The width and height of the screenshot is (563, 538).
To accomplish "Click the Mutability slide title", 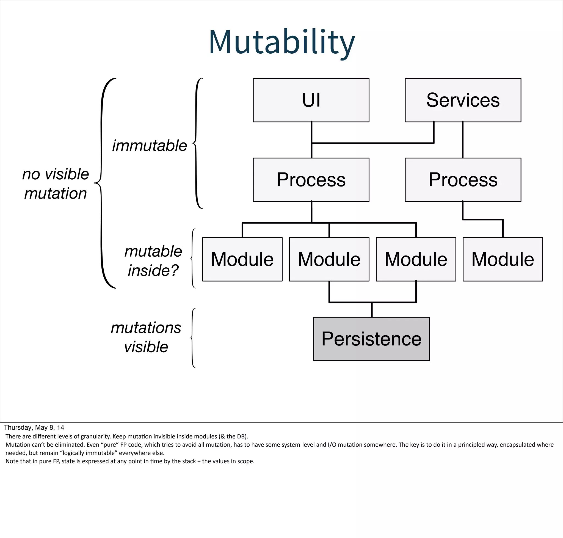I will [x=282, y=42].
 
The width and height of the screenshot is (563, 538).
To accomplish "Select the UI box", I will [x=311, y=100].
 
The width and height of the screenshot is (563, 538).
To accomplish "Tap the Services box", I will [x=463, y=100].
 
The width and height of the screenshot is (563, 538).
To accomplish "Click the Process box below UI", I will [x=311, y=180].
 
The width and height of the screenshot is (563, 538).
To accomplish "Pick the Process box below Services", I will [x=463, y=180].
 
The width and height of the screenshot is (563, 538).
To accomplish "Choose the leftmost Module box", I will [x=242, y=259].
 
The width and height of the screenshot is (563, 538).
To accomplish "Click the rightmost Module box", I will [x=503, y=259].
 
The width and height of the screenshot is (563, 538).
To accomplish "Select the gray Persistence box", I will [x=371, y=339].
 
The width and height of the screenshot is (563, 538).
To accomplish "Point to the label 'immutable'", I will [x=149, y=146].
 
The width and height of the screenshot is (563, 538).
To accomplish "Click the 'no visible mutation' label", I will [x=56, y=183].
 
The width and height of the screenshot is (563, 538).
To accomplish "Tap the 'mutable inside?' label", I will [x=153, y=261].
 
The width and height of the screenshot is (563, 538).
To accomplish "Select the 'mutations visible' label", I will [x=146, y=337].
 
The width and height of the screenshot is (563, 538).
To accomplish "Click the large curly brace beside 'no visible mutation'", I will [x=101, y=183].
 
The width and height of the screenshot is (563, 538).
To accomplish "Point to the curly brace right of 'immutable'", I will [x=196, y=143].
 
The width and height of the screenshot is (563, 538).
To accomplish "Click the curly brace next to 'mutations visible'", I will [x=192, y=338].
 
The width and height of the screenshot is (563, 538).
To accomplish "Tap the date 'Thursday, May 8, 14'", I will [x=34, y=427].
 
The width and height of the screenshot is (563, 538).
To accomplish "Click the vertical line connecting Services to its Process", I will [x=463, y=140].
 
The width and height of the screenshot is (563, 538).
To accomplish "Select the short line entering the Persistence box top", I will [x=372, y=310].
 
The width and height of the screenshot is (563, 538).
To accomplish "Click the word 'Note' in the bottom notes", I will [x=11, y=461].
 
